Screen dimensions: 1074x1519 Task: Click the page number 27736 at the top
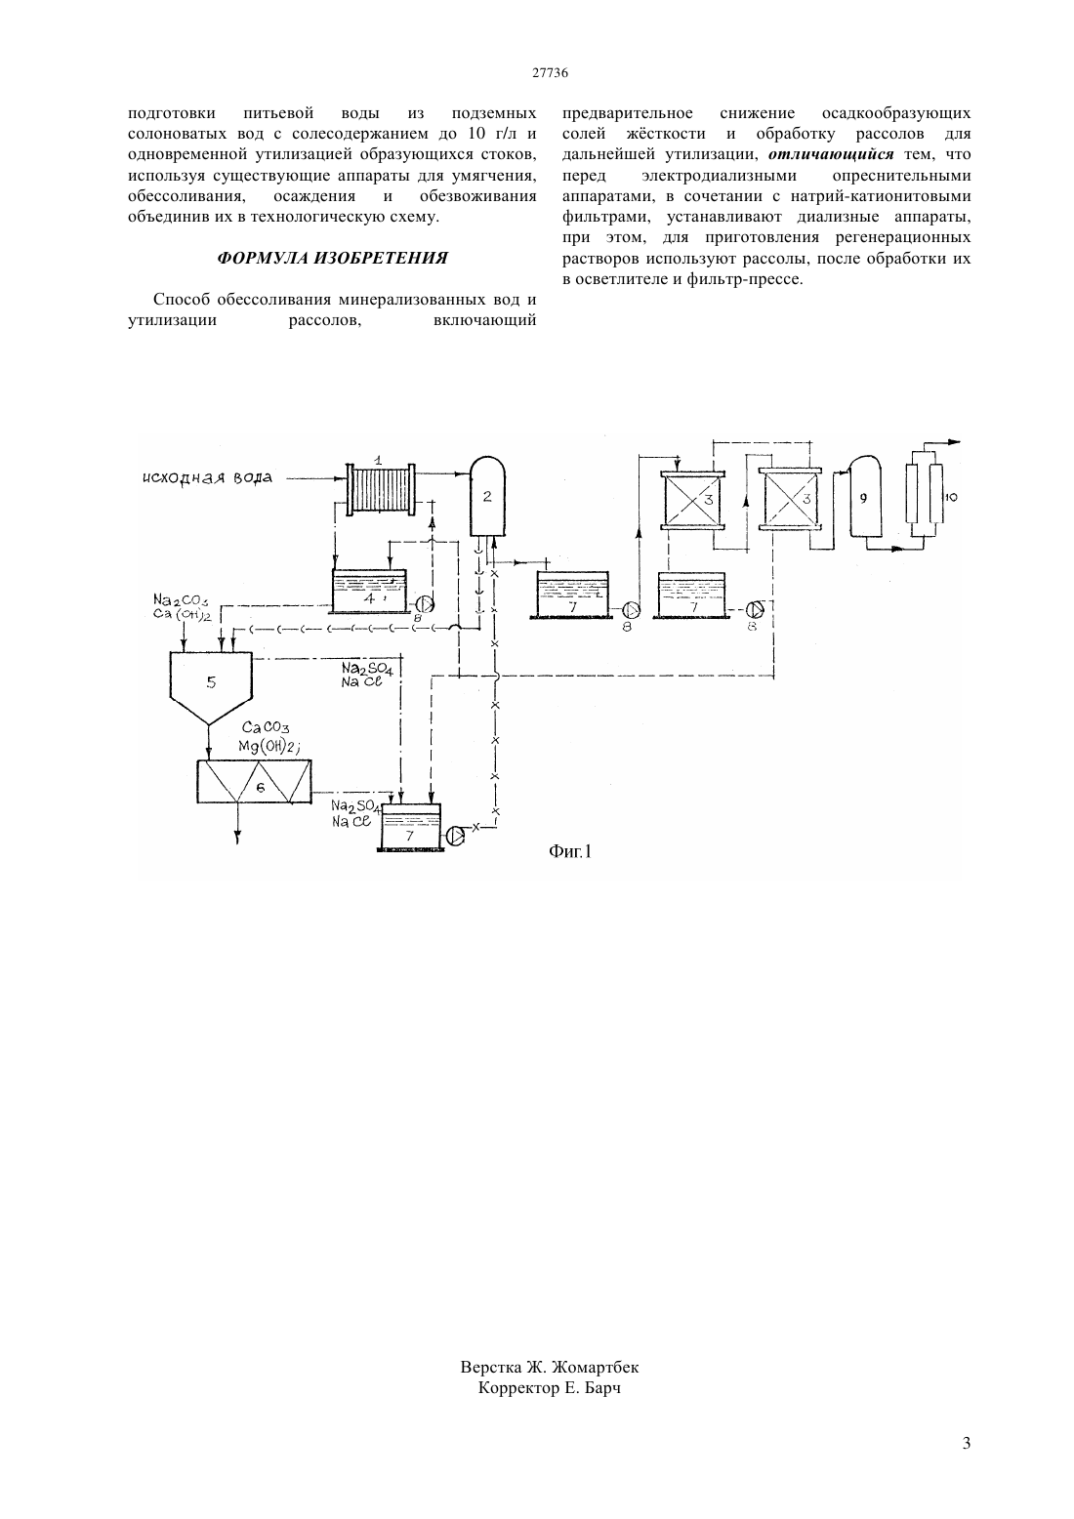pyautogui.click(x=550, y=73)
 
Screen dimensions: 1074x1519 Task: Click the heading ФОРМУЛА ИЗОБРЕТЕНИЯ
pyautogui.click(x=332, y=259)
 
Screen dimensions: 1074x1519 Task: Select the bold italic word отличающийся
pyautogui.click(x=831, y=154)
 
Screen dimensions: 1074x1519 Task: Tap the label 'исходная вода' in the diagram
pyautogui.click(x=207, y=477)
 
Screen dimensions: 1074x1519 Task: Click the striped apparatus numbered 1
pyautogui.click(x=381, y=490)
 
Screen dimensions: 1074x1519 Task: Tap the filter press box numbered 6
pyautogui.click(x=254, y=782)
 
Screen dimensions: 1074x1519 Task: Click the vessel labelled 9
pyautogui.click(x=864, y=498)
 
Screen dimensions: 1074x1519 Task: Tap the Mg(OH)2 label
pyautogui.click(x=268, y=746)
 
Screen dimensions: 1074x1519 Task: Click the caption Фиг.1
pyautogui.click(x=570, y=851)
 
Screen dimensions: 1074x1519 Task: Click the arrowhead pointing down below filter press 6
pyautogui.click(x=238, y=839)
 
